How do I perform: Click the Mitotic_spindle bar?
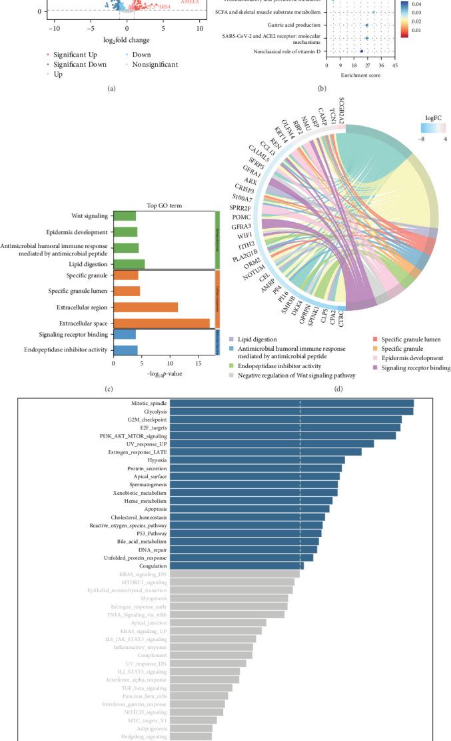click(x=291, y=403)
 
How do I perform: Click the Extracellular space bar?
click(x=161, y=323)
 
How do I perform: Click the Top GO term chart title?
click(x=164, y=205)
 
